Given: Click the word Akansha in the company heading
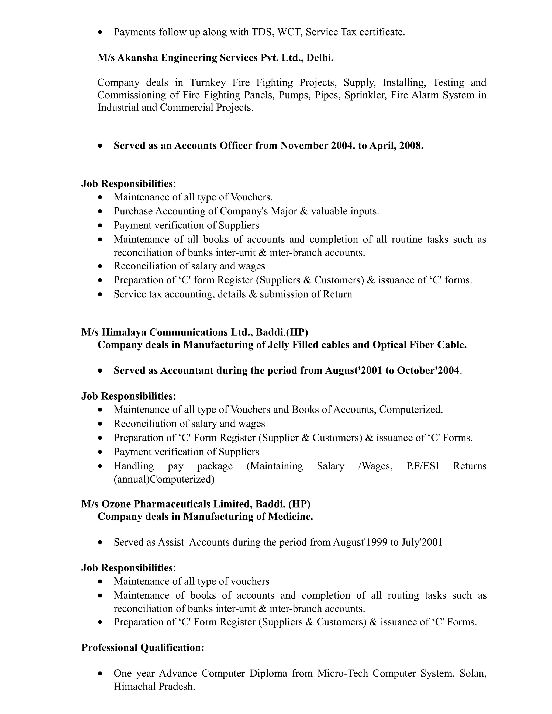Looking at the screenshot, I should [137, 58].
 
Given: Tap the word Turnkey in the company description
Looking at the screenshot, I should [208, 82].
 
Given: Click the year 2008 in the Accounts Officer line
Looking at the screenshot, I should [410, 145].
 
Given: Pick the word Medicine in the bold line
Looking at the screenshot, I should [290, 517].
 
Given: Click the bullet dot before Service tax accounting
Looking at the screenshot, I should [100, 294].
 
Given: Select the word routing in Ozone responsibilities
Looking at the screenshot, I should [403, 595].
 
